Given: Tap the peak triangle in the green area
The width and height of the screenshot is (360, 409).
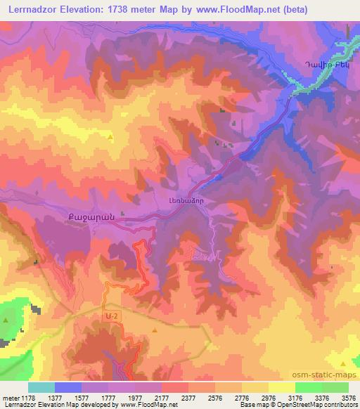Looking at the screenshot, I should (6, 320).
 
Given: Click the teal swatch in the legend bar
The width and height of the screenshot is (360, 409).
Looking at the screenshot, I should (41, 387).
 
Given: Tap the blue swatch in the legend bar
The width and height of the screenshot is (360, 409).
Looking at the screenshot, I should (68, 387).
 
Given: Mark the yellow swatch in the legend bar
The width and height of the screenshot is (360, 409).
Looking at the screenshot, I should (281, 387).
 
